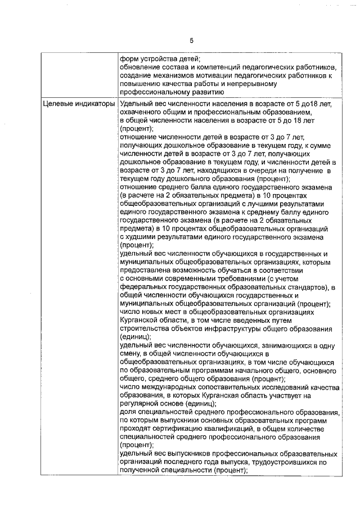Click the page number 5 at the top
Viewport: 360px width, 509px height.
[191, 40]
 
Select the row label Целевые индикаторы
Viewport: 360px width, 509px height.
[79, 105]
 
